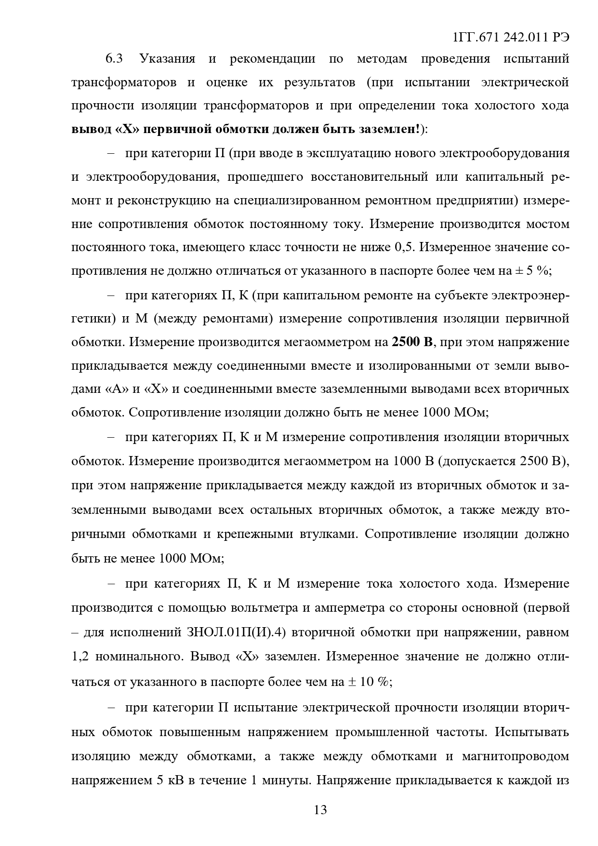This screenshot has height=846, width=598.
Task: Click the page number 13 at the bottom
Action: [x=320, y=810]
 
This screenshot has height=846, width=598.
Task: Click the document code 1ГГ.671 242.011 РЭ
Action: [x=511, y=38]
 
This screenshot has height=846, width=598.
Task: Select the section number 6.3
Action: [x=114, y=59]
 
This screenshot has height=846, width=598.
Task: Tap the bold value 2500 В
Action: [x=413, y=342]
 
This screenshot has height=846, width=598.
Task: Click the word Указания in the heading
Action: [x=167, y=59]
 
